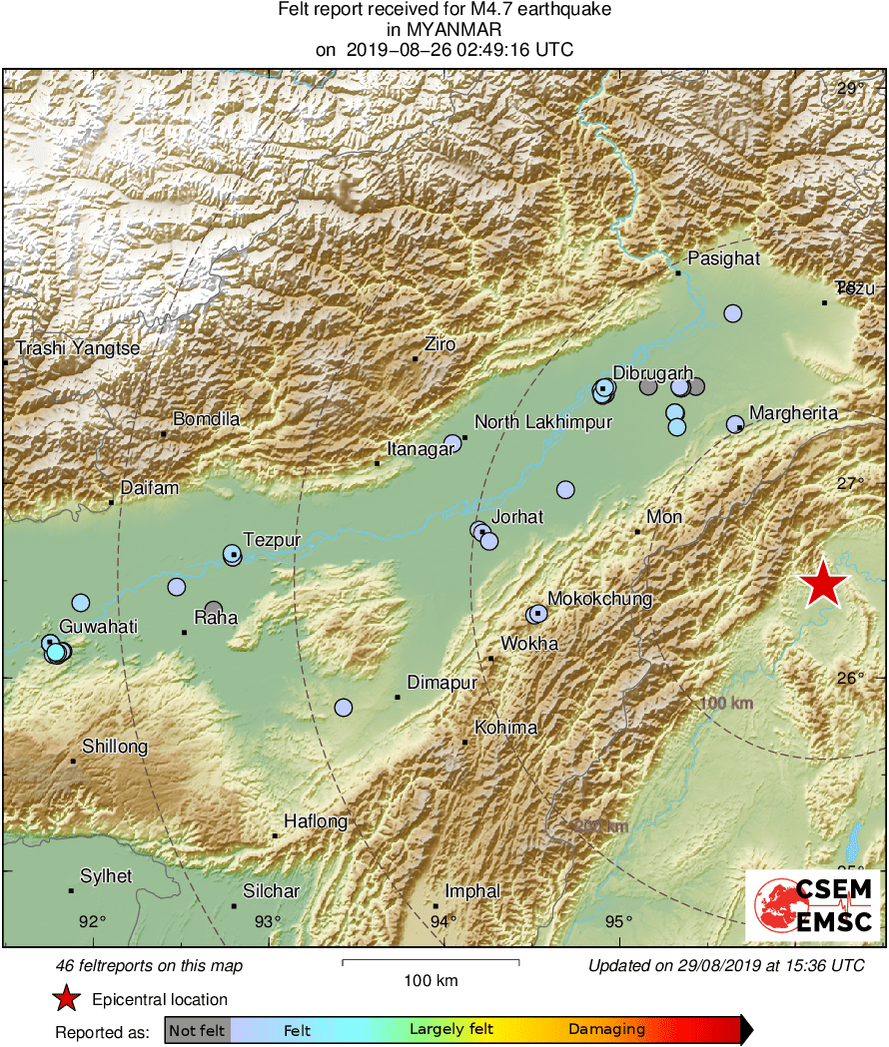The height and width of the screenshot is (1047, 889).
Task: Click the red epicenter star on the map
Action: [823, 584]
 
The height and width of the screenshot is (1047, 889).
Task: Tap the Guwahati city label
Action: [98, 626]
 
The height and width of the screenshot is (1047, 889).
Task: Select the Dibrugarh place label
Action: [652, 373]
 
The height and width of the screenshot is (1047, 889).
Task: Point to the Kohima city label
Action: [505, 728]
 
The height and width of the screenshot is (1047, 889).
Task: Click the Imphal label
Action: [472, 891]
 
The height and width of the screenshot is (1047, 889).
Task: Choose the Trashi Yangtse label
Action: [78, 348]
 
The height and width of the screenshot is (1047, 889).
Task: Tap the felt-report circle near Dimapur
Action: [344, 708]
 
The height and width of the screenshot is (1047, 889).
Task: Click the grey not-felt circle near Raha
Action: [214, 609]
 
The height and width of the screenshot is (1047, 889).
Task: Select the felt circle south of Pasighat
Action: [733, 313]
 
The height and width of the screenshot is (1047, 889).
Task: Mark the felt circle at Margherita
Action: [735, 424]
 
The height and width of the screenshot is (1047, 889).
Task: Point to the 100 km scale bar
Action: [431, 962]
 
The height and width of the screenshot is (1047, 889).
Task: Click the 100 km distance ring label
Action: [725, 704]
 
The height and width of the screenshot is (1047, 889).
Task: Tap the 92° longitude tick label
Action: [93, 921]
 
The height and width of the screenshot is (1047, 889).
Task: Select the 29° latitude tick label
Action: [851, 89]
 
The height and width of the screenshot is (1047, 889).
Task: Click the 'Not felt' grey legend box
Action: [197, 1029]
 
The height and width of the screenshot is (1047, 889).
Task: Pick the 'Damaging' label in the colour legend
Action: [606, 1029]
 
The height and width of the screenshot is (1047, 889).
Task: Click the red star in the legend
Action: [66, 998]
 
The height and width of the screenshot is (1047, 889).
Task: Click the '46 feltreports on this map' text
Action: [150, 966]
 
